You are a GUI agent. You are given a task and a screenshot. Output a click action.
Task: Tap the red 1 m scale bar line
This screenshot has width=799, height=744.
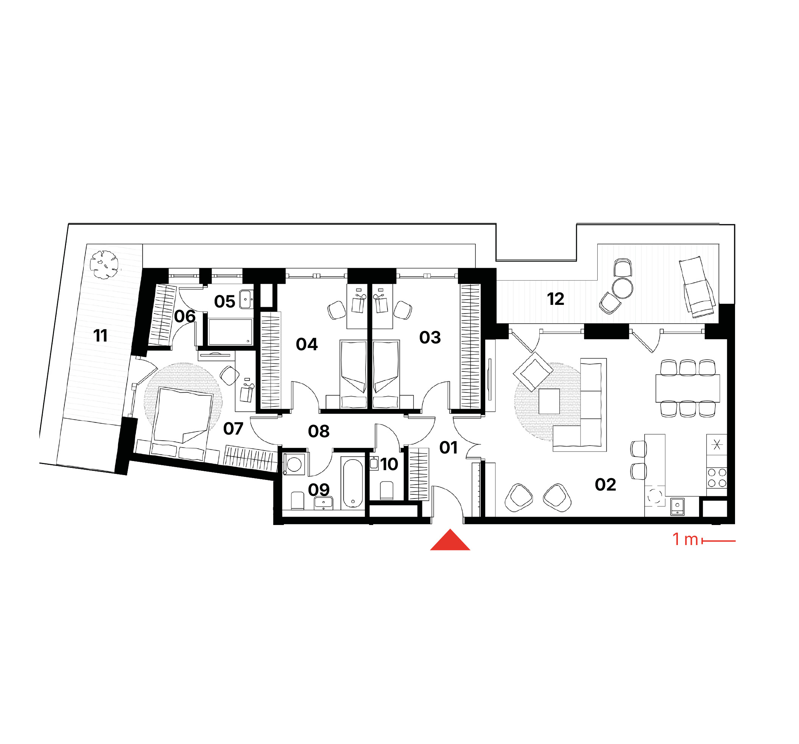719,541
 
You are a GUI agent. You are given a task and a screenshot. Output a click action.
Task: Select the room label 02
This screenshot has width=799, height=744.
605,485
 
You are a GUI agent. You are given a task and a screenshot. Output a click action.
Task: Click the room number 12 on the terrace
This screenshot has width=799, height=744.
556,299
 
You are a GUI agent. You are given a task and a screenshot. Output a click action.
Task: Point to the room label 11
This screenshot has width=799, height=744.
100,336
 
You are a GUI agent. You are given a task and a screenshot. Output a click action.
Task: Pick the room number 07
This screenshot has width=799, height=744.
233,429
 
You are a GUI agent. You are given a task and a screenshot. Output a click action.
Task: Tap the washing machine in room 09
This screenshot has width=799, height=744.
294,464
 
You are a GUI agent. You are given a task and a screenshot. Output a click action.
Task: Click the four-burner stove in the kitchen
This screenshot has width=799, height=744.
716,478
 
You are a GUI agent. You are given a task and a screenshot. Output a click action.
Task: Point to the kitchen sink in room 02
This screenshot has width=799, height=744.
678,506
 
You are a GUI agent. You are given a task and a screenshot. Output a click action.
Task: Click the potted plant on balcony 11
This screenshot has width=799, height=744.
104,264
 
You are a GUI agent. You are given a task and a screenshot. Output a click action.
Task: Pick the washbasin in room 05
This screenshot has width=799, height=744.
246,299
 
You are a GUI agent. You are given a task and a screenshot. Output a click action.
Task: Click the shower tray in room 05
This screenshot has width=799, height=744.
230,332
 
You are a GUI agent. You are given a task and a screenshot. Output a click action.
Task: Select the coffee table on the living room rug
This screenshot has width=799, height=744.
549,401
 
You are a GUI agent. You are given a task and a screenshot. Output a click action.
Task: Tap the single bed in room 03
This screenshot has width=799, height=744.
385,375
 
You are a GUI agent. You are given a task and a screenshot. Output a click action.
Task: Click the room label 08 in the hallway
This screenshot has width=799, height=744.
319,432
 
